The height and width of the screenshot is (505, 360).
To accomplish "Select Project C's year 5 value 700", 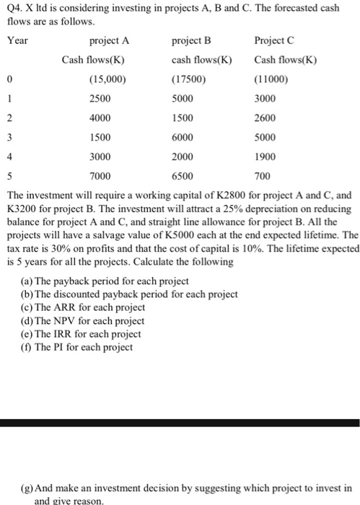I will coord(264,176).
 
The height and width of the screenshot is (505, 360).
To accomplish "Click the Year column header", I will coord(17,40).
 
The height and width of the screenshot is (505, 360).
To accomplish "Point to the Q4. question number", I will coord(14,8).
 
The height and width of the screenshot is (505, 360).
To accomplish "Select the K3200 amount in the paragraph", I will coord(22,208).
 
